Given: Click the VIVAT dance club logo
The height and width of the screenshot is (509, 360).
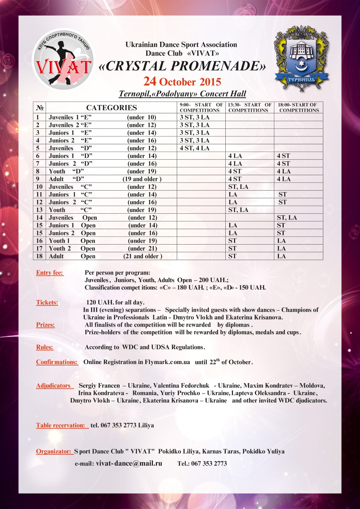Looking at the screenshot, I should [63, 60].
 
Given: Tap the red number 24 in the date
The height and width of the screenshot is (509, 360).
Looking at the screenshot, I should [150, 81].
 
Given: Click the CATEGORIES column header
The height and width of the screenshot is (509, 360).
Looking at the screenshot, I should [112, 108].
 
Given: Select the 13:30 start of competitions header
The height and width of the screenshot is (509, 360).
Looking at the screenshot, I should [250, 108].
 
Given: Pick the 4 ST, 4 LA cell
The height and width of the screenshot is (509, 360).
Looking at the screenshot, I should [194, 148].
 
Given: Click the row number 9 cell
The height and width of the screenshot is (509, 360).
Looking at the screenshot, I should [38, 179].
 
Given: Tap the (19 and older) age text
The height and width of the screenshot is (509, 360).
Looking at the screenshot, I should [142, 179].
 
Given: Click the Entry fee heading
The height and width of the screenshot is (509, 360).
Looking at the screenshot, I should [50, 273].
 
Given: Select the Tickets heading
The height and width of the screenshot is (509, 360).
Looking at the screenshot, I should [47, 303].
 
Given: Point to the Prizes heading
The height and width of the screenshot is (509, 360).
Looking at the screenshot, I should [45, 325].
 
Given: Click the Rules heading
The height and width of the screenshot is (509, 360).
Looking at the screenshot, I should [45, 347].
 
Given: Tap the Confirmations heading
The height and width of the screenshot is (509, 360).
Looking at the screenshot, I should [57, 362].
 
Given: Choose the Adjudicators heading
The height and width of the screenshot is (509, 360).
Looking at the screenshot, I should [54, 386].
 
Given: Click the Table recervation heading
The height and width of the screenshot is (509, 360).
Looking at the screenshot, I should [61, 425].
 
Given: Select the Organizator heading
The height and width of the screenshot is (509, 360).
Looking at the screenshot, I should [54, 451].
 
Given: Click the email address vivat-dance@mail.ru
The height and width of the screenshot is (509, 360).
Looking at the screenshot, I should [129, 463].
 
